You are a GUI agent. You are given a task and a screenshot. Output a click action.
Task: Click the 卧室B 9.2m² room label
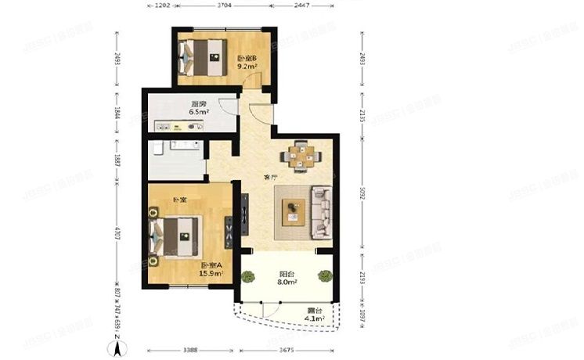[x=247, y=63]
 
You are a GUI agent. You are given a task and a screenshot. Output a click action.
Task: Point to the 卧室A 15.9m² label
[x=211, y=268]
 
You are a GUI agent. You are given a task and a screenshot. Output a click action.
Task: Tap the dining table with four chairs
[x=300, y=155]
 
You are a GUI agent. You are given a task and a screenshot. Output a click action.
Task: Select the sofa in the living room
[x=323, y=211]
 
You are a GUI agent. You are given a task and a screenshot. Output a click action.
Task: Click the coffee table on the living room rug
[x=294, y=210]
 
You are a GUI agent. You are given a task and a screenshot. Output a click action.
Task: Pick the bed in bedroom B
[x=202, y=56]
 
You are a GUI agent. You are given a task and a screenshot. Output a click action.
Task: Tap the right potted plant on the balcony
[x=324, y=275]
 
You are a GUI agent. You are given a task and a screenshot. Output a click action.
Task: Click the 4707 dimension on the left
[x=117, y=233]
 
